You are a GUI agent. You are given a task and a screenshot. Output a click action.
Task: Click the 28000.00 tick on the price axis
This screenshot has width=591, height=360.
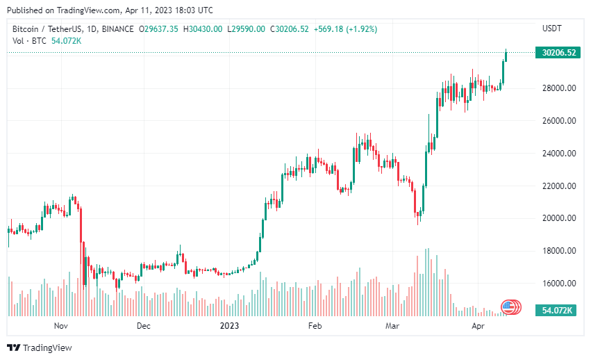pyautogui.click(x=558, y=88)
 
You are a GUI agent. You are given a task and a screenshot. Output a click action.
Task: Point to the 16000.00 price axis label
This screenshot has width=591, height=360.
pyautogui.click(x=558, y=284)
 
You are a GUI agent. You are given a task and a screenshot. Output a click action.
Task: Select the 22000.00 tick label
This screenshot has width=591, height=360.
pyautogui.click(x=558, y=186)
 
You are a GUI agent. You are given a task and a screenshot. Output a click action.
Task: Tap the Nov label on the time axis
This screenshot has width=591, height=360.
pyautogui.click(x=60, y=325)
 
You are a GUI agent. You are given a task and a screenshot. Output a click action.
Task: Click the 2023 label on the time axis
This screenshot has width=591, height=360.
pyautogui.click(x=229, y=325)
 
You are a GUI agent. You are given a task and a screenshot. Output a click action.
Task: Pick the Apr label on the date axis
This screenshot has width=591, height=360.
pyautogui.click(x=478, y=325)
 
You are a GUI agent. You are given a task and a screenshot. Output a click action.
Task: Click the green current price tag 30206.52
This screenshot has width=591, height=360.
pyautogui.click(x=558, y=53)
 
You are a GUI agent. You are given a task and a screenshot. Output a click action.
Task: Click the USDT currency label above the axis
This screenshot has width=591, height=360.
pyautogui.click(x=552, y=28)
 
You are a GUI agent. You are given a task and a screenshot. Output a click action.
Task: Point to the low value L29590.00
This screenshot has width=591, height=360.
pyautogui.click(x=248, y=28)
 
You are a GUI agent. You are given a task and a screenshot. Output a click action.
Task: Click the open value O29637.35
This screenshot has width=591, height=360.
pyautogui.click(x=159, y=28)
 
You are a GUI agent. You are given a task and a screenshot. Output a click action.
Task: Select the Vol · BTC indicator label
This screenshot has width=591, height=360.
pyautogui.click(x=29, y=41)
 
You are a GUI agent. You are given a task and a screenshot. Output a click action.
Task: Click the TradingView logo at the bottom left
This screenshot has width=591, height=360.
pyautogui.click(x=40, y=347)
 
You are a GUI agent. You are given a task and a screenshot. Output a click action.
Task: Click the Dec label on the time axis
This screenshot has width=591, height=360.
pyautogui.click(x=144, y=325)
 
